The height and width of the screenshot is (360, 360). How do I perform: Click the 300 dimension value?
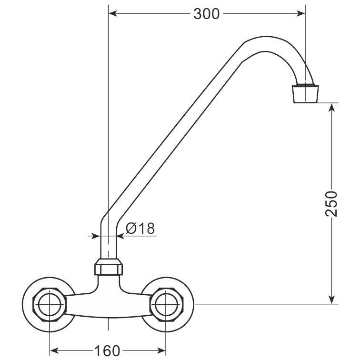coord(206,14)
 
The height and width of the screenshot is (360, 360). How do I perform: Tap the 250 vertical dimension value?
coord(331,203)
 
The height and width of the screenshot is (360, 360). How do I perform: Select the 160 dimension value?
coord(107,350)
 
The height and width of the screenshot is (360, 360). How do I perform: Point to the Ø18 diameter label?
coord(140,228)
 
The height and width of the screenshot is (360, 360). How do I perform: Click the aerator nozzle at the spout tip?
coord(305,94)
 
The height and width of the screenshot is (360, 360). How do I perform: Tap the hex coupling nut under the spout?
coord(109,267)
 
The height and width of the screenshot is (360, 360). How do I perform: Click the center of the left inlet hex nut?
coord(50,304)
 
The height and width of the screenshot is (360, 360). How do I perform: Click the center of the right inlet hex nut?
coord(166,304)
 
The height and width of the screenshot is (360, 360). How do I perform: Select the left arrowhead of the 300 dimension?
coord(113,13)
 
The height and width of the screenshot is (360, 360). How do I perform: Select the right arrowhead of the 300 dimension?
coord(300,13)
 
